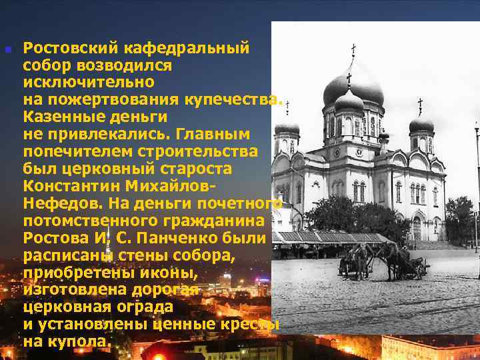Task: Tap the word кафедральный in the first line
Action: pyautogui.click(x=186, y=48)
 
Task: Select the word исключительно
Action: pyautogui.click(x=89, y=83)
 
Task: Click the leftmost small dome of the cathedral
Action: pyautogui.click(x=287, y=127)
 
